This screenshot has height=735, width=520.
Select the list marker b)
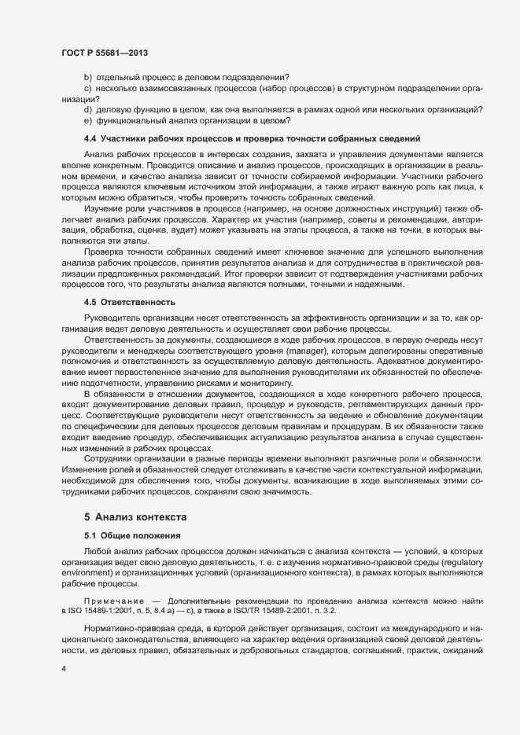tap(88, 77)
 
